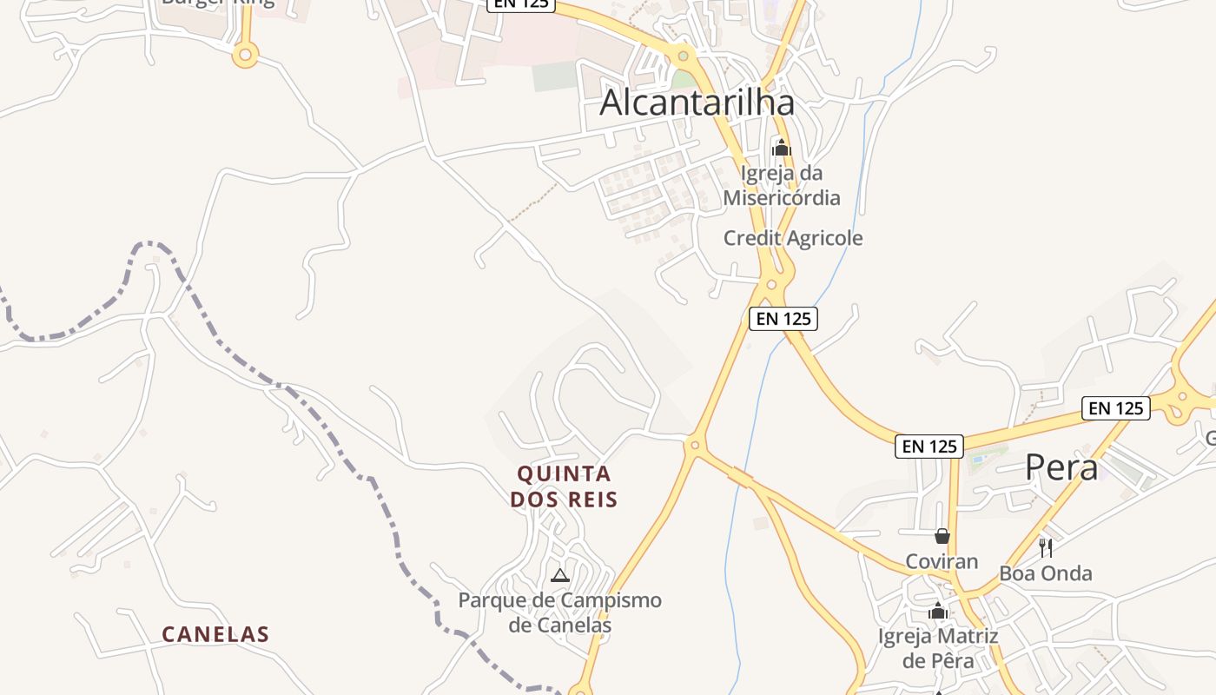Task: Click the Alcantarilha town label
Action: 697,103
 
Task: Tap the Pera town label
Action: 1061,467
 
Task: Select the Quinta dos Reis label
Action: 564,486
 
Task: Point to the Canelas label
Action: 215,635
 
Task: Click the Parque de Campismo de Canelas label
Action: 559,612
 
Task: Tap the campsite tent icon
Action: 560,575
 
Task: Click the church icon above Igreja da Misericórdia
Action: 781,148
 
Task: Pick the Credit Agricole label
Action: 793,238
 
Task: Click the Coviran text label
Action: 942,561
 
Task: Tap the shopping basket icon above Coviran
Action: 942,536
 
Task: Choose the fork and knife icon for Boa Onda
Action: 1046,547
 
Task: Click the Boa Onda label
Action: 1046,573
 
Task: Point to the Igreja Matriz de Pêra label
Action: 938,648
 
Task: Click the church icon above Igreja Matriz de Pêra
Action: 937,612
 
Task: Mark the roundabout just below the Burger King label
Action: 245,56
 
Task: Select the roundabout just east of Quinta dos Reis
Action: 694,446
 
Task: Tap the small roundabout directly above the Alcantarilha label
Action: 684,56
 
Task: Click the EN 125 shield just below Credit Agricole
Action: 783,318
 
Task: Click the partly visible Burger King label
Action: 217,3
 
